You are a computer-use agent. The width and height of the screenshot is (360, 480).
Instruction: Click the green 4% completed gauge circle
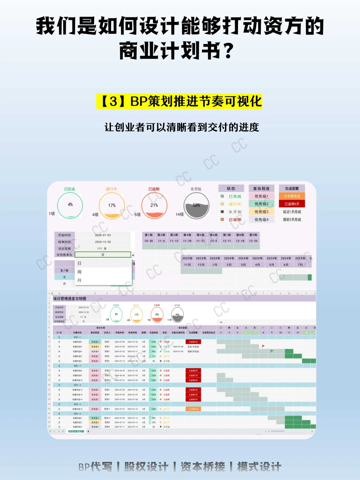pyautogui.click(x=70, y=206)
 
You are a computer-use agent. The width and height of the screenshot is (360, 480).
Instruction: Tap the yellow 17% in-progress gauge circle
pyautogui.click(x=112, y=206)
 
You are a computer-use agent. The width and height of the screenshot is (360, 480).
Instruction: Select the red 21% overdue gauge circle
pyautogui.click(x=154, y=206)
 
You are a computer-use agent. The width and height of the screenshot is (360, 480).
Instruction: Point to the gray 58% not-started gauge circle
pyautogui.click(x=197, y=206)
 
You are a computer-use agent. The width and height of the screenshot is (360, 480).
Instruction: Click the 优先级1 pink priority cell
pyautogui.click(x=261, y=196)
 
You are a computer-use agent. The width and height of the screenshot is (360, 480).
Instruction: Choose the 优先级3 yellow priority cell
pyautogui.click(x=261, y=211)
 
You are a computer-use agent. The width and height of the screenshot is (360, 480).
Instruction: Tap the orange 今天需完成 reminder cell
pyautogui.click(x=292, y=196)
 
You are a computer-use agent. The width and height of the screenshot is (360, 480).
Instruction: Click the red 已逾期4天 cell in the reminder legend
pyautogui.click(x=292, y=204)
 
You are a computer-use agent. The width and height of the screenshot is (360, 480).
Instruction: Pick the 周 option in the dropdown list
pyautogui.click(x=79, y=272)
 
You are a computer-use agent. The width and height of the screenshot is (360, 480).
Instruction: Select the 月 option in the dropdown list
pyautogui.click(x=79, y=281)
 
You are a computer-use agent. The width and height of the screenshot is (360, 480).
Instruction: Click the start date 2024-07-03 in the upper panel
pyautogui.click(x=103, y=235)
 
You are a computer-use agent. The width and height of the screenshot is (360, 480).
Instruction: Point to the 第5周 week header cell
pyautogui.click(x=200, y=235)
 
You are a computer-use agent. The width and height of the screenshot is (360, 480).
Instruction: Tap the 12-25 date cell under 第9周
pyautogui.click(x=253, y=241)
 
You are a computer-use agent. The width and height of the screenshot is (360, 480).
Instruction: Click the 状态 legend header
pyautogui.click(x=231, y=188)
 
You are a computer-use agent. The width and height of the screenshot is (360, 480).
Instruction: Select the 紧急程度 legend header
pyautogui.click(x=261, y=188)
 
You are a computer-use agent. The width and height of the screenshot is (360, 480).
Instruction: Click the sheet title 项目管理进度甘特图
pyautogui.click(x=70, y=299)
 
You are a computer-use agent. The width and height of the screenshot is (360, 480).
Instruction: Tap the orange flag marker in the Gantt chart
pyautogui.click(x=263, y=346)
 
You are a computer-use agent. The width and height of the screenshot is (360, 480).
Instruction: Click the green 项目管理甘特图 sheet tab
pyautogui.click(x=76, y=431)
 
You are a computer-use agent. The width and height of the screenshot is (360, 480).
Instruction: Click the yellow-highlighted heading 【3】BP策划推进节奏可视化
pyautogui.click(x=179, y=101)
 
